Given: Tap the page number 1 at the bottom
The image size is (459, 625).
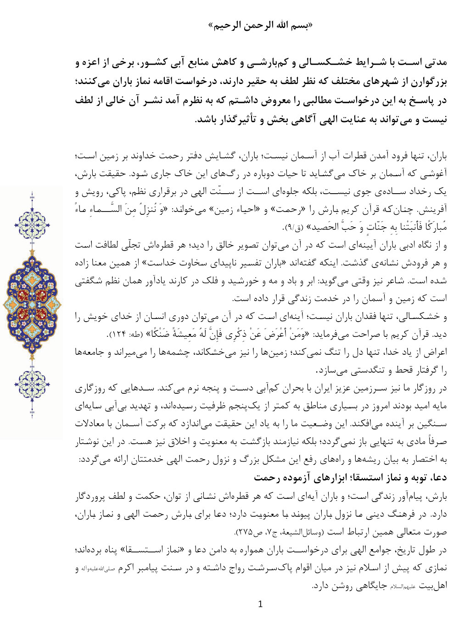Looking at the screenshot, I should [x=261, y=604].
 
